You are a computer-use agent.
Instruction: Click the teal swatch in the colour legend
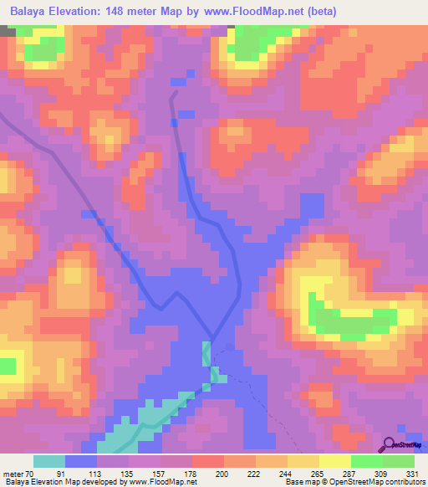pyautogui.click(x=49, y=462)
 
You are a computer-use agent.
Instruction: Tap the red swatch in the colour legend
pyautogui.click(x=208, y=462)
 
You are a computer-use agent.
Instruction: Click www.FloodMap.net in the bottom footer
pyautogui.click(x=163, y=482)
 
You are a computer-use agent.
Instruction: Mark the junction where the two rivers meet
pyautogui.click(x=211, y=341)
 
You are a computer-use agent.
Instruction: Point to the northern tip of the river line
pyautogui.click(x=174, y=94)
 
